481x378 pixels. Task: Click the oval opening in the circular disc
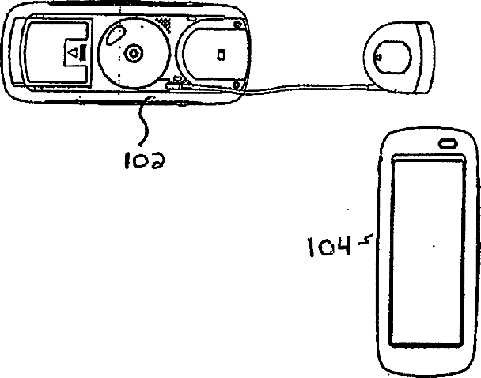tap(116, 36)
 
